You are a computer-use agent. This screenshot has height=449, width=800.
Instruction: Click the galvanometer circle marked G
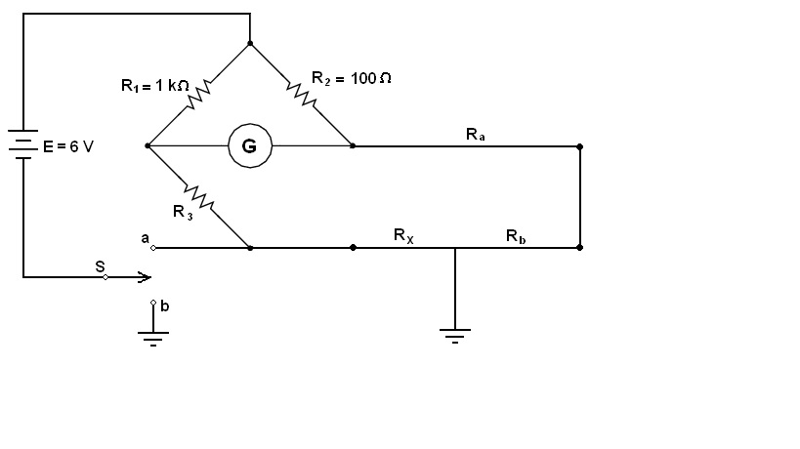(x=249, y=146)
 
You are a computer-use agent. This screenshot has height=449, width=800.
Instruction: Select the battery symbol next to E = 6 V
(x=23, y=144)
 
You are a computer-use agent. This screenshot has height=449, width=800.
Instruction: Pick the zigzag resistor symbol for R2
(x=301, y=95)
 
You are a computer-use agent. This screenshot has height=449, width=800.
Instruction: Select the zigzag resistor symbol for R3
(x=199, y=197)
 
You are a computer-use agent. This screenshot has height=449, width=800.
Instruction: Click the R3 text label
(x=183, y=211)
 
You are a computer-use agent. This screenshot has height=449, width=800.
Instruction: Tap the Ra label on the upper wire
(x=476, y=135)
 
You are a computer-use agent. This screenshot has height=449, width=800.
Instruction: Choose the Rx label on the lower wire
(x=403, y=235)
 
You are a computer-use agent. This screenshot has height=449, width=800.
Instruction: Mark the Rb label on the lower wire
(x=516, y=235)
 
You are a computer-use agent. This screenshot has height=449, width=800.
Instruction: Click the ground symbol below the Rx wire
(x=455, y=336)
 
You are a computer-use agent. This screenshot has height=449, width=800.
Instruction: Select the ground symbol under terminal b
(x=153, y=338)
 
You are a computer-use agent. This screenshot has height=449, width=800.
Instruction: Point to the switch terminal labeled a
(x=152, y=248)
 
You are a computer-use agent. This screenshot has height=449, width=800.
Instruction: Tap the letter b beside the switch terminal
(x=165, y=306)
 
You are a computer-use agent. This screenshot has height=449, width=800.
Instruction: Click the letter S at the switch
(x=100, y=265)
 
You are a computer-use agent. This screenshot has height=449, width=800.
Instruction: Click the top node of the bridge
(x=250, y=44)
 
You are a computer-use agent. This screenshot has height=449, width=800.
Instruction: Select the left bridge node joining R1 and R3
(x=147, y=146)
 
